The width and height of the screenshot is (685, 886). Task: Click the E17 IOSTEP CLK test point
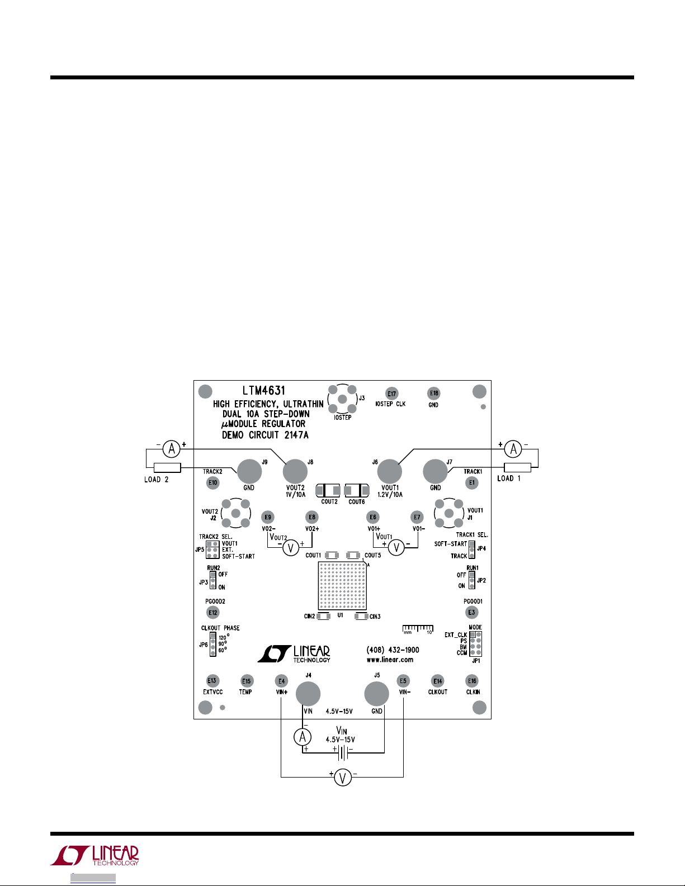coord(392,394)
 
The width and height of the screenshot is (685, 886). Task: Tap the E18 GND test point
coord(434,393)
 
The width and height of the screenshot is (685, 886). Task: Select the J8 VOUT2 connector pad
coord(295,472)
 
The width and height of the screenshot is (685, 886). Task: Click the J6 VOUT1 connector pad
coord(389,472)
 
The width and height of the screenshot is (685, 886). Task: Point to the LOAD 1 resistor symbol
coord(517,467)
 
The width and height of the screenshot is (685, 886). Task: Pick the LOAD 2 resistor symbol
coord(167,468)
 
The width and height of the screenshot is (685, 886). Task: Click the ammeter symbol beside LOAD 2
coord(172,448)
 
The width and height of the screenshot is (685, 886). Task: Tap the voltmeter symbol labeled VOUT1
coord(396,548)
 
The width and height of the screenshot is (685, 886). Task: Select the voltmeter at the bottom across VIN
coord(343,777)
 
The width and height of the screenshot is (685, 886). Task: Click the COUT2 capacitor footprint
coord(328,491)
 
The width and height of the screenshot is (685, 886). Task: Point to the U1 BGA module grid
coord(342,586)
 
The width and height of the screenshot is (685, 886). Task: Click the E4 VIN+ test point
coord(282,681)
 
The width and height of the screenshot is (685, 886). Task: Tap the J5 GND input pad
coord(376,694)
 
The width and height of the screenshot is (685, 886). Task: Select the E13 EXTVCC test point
coord(211,681)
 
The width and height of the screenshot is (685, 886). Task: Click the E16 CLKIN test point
coord(473,681)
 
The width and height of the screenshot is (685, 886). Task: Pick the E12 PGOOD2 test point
coord(213,613)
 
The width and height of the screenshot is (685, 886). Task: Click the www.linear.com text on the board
coord(390,660)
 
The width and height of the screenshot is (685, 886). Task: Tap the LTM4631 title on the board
coord(264,391)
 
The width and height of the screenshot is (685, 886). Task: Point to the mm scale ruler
coord(418,629)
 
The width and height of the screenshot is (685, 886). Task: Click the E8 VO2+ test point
coord(312,518)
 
